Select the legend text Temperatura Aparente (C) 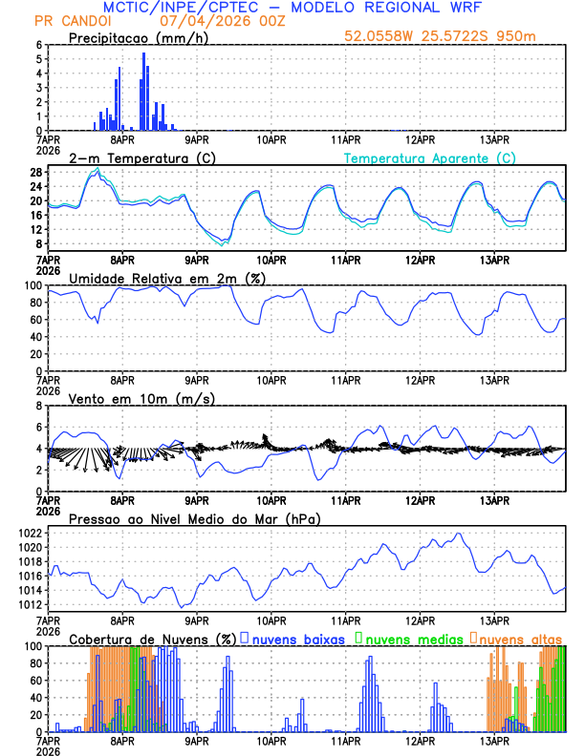pos(430,157)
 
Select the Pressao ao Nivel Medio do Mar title pos(194,518)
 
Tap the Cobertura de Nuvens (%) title pos(152,639)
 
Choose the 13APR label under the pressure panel pos(494,619)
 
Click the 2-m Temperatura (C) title pos(134,157)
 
